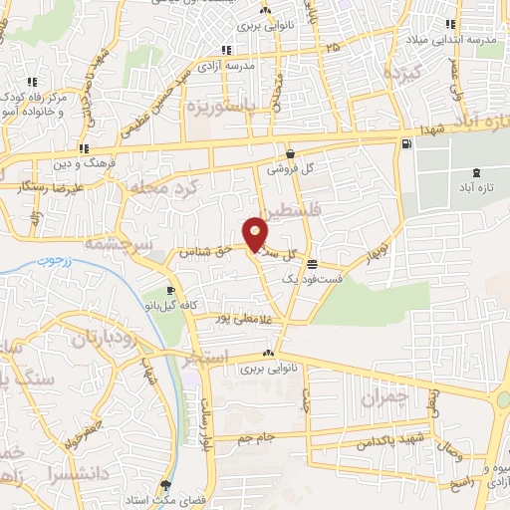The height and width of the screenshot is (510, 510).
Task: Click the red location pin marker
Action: click(256, 234)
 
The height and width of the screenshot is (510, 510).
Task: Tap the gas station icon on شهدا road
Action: click(405, 144)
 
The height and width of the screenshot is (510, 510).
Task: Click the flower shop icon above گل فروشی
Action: click(290, 154)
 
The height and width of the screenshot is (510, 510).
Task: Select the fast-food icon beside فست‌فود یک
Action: click(314, 265)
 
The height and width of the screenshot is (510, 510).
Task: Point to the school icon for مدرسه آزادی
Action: click(228, 50)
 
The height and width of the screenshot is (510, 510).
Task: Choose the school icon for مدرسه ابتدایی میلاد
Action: click(450, 25)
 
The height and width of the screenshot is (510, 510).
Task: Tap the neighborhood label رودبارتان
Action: click(110, 339)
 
